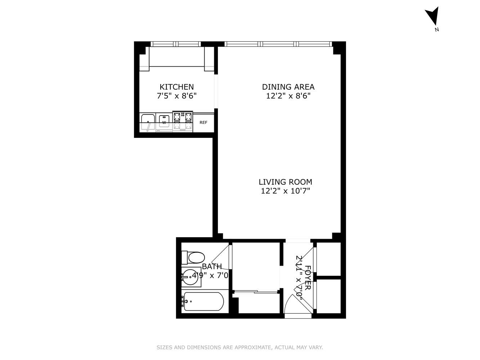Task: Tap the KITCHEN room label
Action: (x=176, y=87)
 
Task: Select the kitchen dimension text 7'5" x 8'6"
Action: (x=176, y=96)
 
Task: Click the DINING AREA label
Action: (x=288, y=87)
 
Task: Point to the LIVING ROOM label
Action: (x=286, y=182)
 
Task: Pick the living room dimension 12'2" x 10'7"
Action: (x=286, y=191)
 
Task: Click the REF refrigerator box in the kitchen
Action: (x=203, y=122)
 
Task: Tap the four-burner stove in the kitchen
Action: (x=183, y=121)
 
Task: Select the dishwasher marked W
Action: (x=164, y=121)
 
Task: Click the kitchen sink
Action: (x=148, y=121)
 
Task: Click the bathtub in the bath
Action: (x=203, y=301)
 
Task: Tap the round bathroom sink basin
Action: (x=191, y=276)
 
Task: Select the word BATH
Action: (x=212, y=266)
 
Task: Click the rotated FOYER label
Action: (x=308, y=278)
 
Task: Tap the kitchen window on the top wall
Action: (x=175, y=44)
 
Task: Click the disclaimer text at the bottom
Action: (x=240, y=347)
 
